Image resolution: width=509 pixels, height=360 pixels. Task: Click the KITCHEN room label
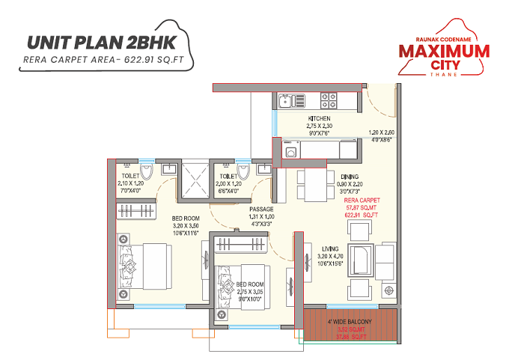click(319, 119)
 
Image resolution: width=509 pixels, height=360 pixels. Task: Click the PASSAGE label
click(261, 210)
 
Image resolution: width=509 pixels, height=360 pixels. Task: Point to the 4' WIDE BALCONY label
click(349, 321)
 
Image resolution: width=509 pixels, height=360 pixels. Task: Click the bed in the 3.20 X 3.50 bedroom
click(141, 265)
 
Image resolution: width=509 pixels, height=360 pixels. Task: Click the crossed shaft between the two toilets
click(192, 180)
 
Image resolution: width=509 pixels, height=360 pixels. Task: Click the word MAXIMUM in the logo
click(444, 52)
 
